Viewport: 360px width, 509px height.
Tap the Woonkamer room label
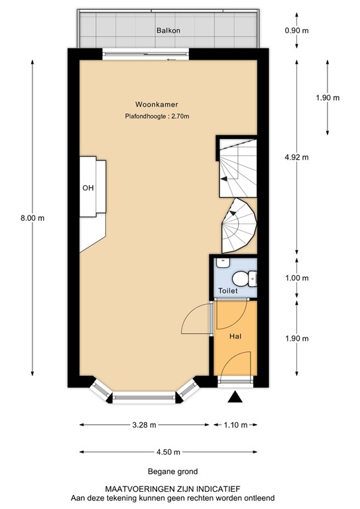pos(156,104)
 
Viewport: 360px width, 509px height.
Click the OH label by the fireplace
pos(88,188)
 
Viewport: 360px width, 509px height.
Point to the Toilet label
pos(228,291)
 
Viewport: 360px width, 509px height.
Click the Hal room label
pos(235,337)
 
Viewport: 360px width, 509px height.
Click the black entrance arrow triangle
pos(234,397)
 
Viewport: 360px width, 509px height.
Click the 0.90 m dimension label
pos(296,30)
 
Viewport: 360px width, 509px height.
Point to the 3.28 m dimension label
pos(144,425)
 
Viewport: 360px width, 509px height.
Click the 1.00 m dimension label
pos(296,278)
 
